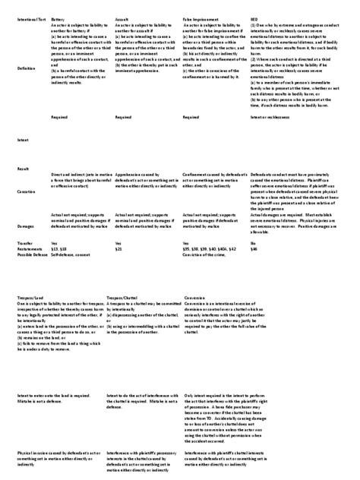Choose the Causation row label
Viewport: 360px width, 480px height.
26,193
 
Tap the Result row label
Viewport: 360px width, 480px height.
22,168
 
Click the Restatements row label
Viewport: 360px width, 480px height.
30,248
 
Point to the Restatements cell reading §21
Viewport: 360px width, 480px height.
118,248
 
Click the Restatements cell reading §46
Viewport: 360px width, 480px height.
254,248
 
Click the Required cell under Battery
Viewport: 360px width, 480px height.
58,117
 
